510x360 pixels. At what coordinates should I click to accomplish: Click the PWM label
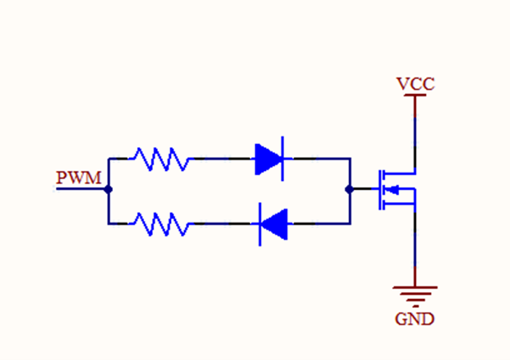click(79, 177)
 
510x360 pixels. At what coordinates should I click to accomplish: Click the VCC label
click(415, 84)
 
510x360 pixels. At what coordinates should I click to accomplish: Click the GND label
click(415, 318)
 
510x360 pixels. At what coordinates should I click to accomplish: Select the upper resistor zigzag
click(159, 159)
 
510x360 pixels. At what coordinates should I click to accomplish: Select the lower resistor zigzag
click(159, 224)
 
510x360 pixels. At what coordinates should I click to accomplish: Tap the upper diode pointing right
click(269, 159)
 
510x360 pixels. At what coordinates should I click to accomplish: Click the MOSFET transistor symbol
click(391, 190)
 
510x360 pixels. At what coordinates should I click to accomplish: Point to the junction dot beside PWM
click(108, 190)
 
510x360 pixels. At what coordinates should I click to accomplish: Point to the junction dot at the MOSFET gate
click(349, 190)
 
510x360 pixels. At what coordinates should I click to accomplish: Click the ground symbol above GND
click(415, 293)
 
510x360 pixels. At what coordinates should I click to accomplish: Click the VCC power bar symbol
click(415, 95)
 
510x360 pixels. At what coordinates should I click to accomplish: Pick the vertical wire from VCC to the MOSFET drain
click(415, 134)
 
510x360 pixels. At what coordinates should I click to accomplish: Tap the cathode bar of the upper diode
click(282, 159)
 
